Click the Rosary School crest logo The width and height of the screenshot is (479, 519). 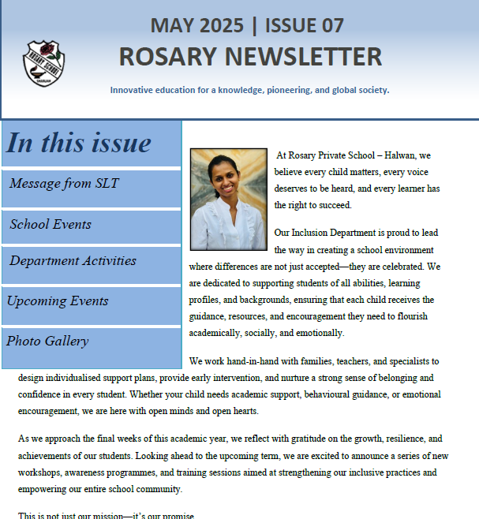coord(44,63)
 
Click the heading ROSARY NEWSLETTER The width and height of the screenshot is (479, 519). coord(250,56)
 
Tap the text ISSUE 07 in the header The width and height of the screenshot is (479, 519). coord(305,25)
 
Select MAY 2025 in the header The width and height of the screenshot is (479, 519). coord(198,25)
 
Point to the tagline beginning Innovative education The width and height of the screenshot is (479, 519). coord(249,90)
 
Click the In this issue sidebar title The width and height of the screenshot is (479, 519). coord(78,143)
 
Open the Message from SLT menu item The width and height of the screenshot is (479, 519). coord(64,184)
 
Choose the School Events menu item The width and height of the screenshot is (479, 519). coord(51,224)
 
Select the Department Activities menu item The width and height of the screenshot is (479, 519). coord(73,260)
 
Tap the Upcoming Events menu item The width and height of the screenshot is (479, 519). coord(58,301)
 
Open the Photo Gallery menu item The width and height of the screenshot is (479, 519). coord(47,341)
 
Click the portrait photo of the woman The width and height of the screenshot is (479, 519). coord(228,199)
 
